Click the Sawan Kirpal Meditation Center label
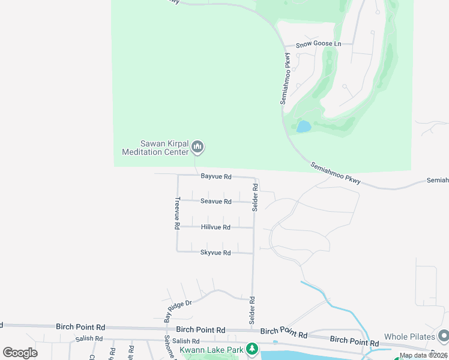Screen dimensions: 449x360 155,148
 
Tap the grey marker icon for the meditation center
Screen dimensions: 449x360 197,147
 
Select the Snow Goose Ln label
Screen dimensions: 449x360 320,44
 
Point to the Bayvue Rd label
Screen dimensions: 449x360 216,176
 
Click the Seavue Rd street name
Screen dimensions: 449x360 216,202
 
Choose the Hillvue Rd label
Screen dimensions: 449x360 216,227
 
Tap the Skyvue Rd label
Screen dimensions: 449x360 215,253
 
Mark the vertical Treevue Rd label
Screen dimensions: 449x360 177,214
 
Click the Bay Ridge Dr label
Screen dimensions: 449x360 178,310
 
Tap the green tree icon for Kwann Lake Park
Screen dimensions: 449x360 253,349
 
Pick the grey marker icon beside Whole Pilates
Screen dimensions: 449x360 444,335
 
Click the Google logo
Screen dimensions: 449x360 20,353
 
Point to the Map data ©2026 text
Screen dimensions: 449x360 423,355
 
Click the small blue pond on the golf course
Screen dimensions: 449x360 304,127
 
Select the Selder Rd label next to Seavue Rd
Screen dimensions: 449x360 255,197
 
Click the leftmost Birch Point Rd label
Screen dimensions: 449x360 80,327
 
